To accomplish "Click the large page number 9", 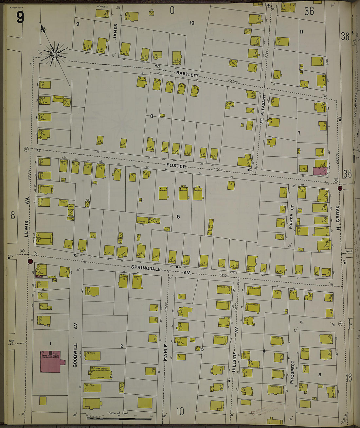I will pos(20,17).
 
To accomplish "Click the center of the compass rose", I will pos(55,54).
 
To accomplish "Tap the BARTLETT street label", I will pos(187,74).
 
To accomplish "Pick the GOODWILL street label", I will pos(75,355).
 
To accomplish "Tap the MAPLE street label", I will pos(165,352).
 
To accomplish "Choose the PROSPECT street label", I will pos(292,372).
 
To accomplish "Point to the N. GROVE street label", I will pos(338,218).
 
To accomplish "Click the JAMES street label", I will pos(115,31).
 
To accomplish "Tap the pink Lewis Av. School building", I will pos(50,361).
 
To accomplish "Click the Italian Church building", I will pos(100,372).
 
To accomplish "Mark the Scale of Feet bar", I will pos(119,418).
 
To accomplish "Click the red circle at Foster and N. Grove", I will pos(340,188).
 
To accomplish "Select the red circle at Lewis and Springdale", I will pos(31,261).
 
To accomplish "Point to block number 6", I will pos(178,216).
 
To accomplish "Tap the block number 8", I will pos(152,116).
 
